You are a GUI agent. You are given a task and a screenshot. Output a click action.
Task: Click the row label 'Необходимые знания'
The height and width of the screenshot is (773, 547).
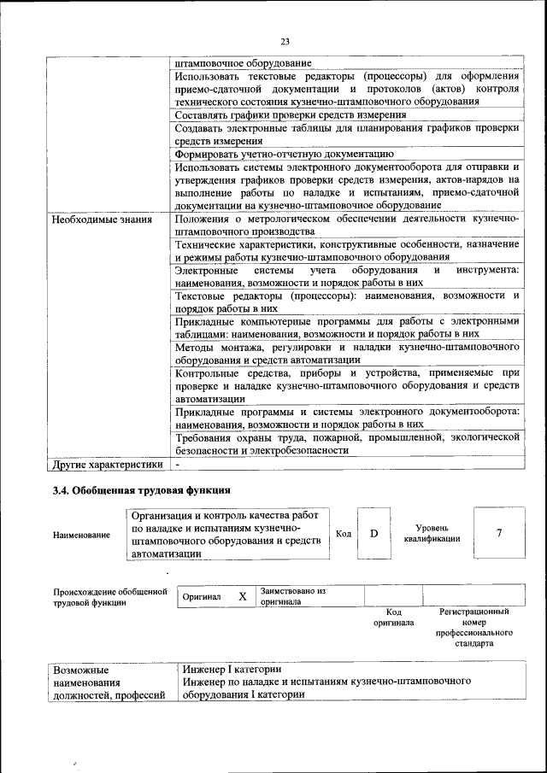pyautogui.click(x=102, y=220)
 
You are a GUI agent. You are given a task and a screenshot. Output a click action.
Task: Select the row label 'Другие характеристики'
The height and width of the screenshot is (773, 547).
pyautogui.click(x=107, y=465)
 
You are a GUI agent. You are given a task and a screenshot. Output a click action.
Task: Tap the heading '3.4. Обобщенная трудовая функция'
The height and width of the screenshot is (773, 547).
pyautogui.click(x=141, y=490)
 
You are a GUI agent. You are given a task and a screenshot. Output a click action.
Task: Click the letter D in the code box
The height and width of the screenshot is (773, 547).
pyautogui.click(x=373, y=534)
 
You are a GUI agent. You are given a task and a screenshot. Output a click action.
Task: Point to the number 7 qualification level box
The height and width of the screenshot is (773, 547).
pyautogui.click(x=498, y=533)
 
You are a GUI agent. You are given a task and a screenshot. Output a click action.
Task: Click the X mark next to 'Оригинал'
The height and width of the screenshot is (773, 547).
pyautogui.click(x=242, y=596)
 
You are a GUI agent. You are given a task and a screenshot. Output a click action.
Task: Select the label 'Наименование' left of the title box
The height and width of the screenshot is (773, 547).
pyautogui.click(x=81, y=535)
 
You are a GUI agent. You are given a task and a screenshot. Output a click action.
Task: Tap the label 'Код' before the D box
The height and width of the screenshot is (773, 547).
pyautogui.click(x=343, y=534)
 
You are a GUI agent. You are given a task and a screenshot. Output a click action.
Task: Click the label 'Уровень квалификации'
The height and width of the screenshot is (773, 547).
pyautogui.click(x=432, y=533)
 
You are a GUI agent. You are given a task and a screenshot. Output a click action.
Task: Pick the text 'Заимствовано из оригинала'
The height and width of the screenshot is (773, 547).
pyautogui.click(x=294, y=595)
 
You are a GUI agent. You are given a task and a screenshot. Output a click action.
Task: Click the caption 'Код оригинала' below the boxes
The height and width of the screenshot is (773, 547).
pyautogui.click(x=393, y=617)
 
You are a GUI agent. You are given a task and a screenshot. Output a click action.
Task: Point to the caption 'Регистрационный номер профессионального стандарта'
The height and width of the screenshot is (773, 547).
pyautogui.click(x=473, y=628)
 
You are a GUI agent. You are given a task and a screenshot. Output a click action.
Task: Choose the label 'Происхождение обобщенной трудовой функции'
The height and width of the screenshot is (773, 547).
pyautogui.click(x=109, y=596)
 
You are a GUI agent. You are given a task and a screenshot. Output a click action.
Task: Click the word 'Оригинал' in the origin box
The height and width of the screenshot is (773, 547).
pyautogui.click(x=203, y=596)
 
